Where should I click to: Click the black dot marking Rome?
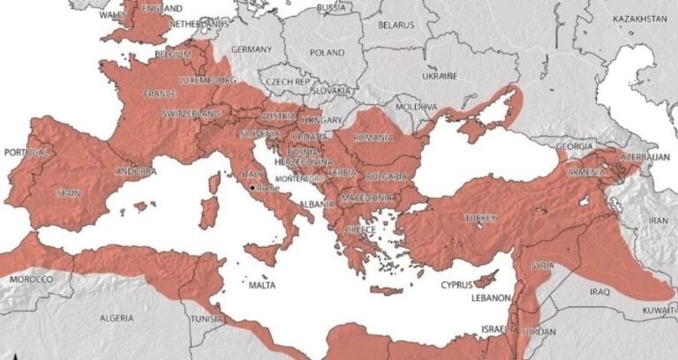[252, 188]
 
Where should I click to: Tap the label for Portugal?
[24, 153]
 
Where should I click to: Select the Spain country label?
[68, 192]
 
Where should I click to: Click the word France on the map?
[160, 93]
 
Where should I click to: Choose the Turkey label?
[480, 218]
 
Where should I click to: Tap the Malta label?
[262, 285]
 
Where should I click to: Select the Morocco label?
[29, 279]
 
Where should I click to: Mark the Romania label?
[373, 138]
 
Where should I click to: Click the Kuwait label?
[659, 311]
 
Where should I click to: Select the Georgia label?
[575, 146]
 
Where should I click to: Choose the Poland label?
[328, 52]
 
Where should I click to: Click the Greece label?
[360, 229]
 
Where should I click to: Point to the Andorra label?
[137, 170]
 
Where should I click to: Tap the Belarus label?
[395, 25]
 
